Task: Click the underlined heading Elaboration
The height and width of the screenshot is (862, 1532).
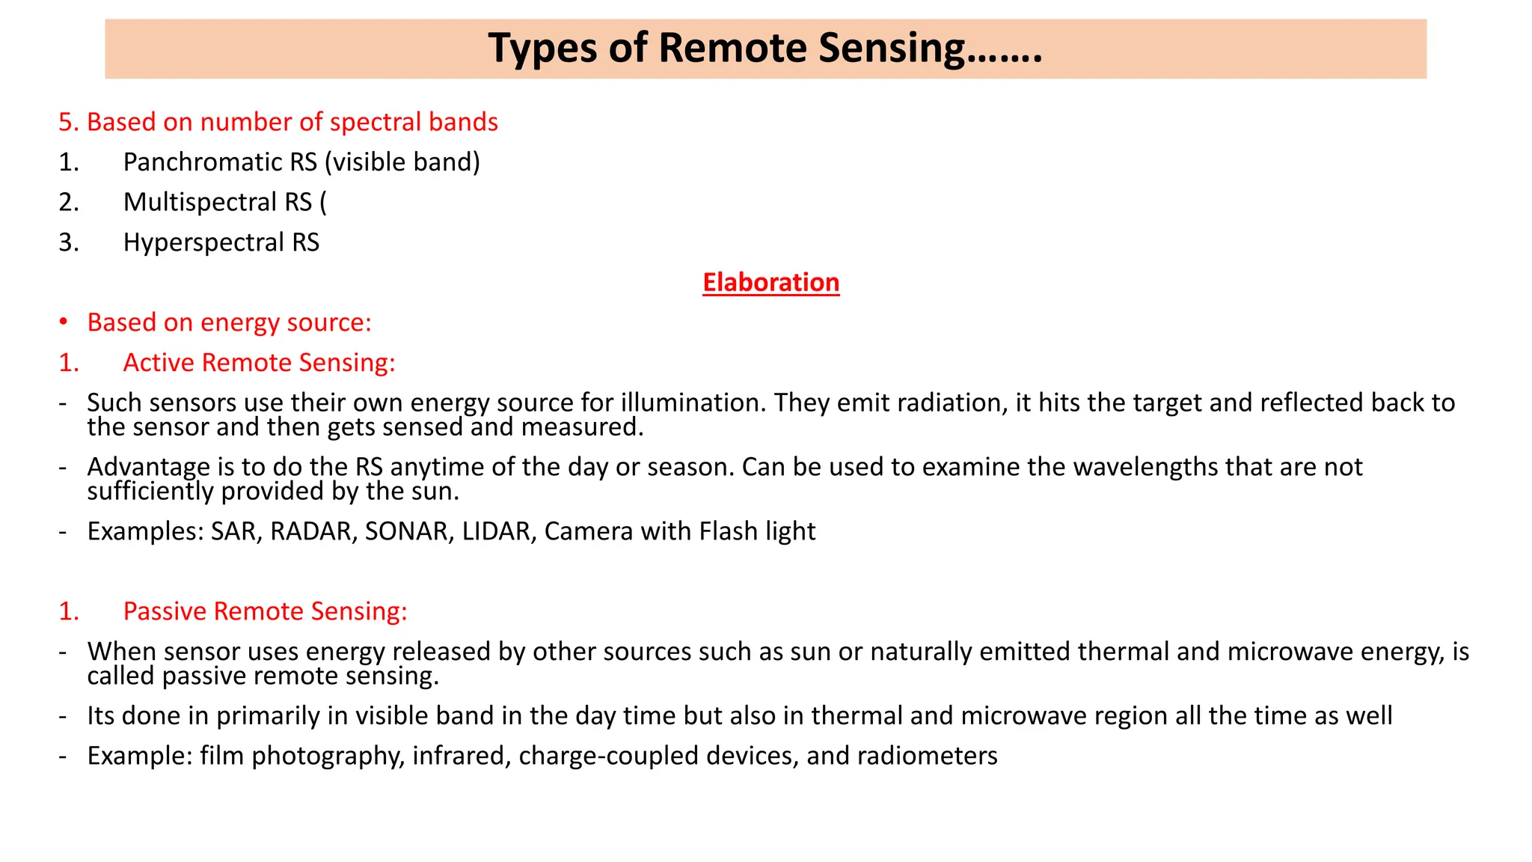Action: (770, 282)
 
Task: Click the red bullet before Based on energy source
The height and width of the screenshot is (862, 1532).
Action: (64, 323)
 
